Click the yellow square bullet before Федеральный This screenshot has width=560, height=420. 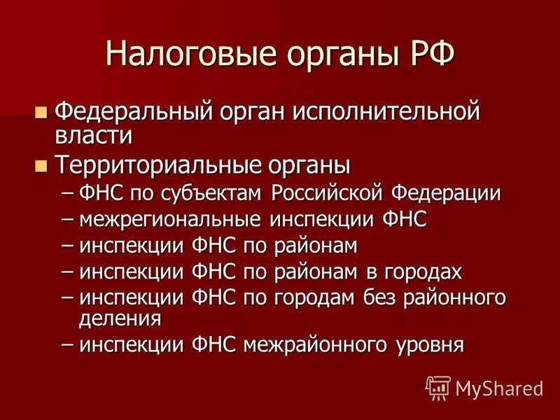click(41, 111)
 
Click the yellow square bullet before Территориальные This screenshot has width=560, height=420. click(41, 166)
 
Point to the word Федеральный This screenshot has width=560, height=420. click(131, 112)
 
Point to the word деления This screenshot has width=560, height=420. click(120, 319)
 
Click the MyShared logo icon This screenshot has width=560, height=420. click(438, 386)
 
